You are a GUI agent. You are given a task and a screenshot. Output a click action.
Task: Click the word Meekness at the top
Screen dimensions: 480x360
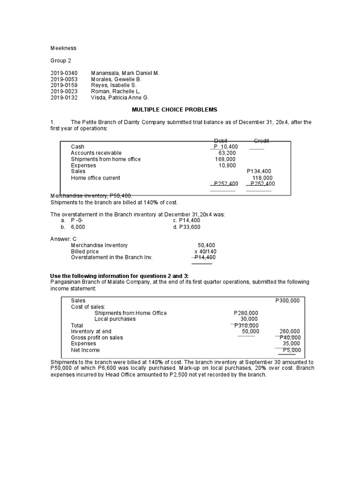[x=63, y=48]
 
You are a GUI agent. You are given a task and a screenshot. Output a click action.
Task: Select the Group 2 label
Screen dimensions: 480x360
[x=61, y=61]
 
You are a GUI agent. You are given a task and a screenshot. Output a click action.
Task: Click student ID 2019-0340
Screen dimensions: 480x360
[x=64, y=74]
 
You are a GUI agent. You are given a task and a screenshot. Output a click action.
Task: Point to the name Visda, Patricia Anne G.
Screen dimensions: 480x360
[x=120, y=97]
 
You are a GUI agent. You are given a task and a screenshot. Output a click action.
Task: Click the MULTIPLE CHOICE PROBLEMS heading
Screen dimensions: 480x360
[x=174, y=110]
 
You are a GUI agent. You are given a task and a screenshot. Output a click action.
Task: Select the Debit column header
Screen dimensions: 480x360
[x=221, y=141]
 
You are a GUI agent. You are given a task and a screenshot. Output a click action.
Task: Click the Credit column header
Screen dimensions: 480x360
[x=261, y=141]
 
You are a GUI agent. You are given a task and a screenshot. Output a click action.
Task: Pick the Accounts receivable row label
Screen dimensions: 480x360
[x=96, y=153]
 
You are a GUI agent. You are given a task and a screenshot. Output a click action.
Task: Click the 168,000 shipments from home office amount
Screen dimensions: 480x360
[x=225, y=159]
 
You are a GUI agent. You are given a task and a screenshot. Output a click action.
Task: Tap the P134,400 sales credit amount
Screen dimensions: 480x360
[x=259, y=172]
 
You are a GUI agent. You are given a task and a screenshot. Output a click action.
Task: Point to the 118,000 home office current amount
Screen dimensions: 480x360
[x=262, y=178]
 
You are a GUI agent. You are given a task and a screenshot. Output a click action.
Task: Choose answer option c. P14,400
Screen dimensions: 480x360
[x=187, y=220]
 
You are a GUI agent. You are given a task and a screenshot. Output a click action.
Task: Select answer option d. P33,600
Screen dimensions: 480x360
[x=187, y=227]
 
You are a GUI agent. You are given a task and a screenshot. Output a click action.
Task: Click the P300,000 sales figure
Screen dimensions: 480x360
[x=287, y=300]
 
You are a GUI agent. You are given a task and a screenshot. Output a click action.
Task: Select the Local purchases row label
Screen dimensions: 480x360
[x=115, y=319]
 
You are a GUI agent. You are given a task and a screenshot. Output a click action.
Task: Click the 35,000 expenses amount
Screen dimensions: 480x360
[x=292, y=344]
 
